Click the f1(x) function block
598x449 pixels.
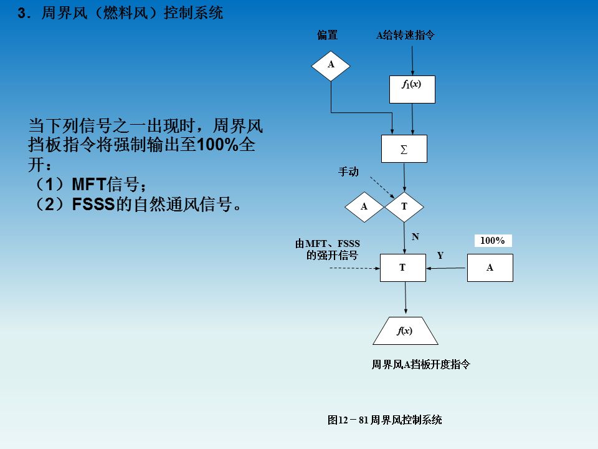pyautogui.click(x=412, y=89)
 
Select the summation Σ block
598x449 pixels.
pyautogui.click(x=404, y=149)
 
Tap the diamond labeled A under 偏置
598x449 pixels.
pyautogui.click(x=331, y=65)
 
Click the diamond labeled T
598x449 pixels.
pyautogui.click(x=404, y=206)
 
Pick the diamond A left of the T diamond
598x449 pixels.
pyautogui.click(x=364, y=206)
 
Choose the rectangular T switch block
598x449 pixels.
pyautogui.click(x=403, y=268)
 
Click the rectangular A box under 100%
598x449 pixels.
pyautogui.click(x=490, y=268)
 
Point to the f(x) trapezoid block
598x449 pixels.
pyautogui.click(x=406, y=331)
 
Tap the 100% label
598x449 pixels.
pyautogui.click(x=493, y=241)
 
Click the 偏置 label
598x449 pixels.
pyautogui.click(x=328, y=36)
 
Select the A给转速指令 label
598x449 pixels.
pyautogui.click(x=405, y=36)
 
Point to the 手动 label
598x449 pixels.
pyautogui.click(x=348, y=171)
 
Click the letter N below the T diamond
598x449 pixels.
pyautogui.click(x=415, y=237)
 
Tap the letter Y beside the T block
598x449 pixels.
pyautogui.click(x=440, y=256)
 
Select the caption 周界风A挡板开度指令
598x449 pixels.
pyautogui.click(x=420, y=365)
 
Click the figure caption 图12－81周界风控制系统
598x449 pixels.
pyautogui.click(x=385, y=420)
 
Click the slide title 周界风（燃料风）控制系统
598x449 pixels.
pyautogui.click(x=131, y=13)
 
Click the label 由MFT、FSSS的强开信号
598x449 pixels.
pyautogui.click(x=328, y=249)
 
